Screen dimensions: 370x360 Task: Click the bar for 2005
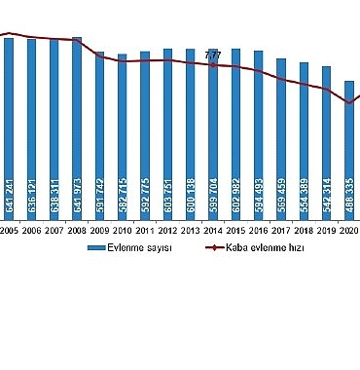pyautogui.click(x=9, y=127)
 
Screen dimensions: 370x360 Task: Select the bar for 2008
pyautogui.click(x=77, y=127)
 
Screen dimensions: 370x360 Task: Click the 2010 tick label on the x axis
pyautogui.click(x=123, y=230)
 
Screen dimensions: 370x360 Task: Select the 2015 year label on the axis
pyautogui.click(x=235, y=230)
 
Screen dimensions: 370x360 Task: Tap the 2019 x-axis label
pyautogui.click(x=327, y=230)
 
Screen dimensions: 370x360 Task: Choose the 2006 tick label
pyautogui.click(x=32, y=230)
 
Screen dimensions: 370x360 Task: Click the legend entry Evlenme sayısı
pyautogui.click(x=146, y=249)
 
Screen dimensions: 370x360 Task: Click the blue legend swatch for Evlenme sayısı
pyautogui.click(x=97, y=249)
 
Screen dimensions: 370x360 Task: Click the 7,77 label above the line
pyautogui.click(x=213, y=55)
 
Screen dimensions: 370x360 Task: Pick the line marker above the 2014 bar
pyautogui.click(x=213, y=65)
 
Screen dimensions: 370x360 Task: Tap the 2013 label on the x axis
pyautogui.click(x=191, y=230)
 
